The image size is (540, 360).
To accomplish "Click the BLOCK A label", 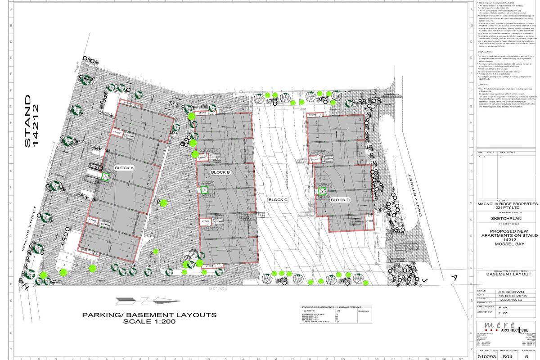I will click(x=125, y=168).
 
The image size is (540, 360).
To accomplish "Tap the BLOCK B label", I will click(x=220, y=172).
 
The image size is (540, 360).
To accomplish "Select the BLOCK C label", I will click(x=278, y=200).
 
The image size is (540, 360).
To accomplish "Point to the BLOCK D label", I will click(x=340, y=200).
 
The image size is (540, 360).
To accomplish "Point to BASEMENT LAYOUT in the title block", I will click(x=508, y=274).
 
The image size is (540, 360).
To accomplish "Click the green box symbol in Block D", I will click(x=322, y=192).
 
